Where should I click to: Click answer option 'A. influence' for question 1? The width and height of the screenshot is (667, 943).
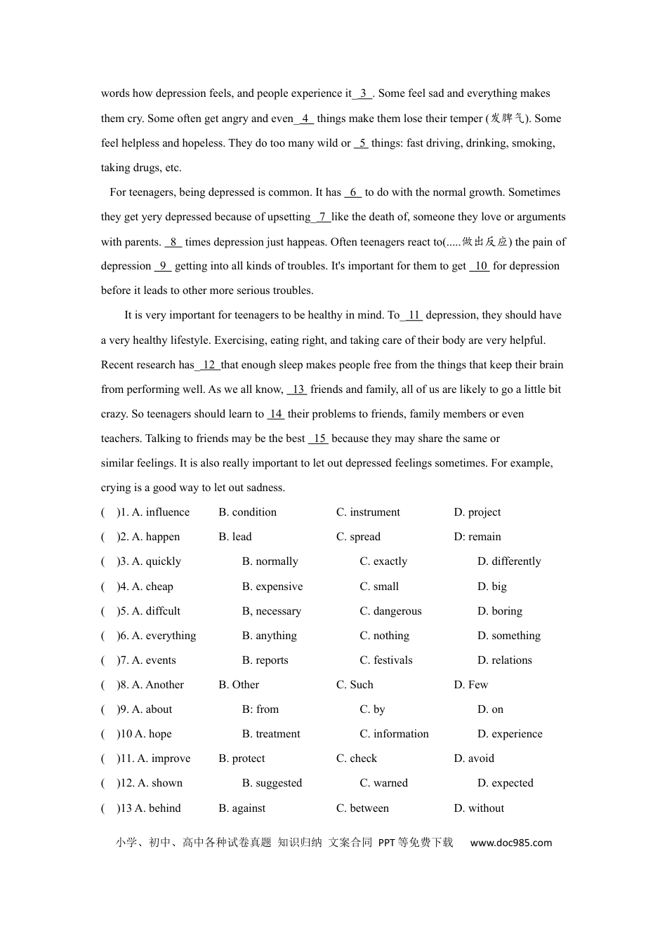[x=161, y=512]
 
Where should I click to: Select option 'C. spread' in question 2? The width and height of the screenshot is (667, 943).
[x=358, y=537]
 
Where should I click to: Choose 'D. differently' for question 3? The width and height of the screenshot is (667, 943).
[x=509, y=561]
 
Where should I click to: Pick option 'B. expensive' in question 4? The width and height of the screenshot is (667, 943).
[x=272, y=587]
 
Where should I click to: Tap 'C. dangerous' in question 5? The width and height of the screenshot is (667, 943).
[x=390, y=611]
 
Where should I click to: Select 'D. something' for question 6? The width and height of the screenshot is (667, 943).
[x=509, y=636]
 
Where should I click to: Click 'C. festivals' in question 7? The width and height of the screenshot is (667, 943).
[x=386, y=660]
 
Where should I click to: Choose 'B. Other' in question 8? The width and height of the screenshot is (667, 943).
[x=239, y=685]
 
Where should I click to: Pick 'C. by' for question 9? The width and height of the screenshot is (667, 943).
[x=372, y=709]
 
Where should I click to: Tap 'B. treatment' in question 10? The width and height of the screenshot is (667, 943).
[x=271, y=734]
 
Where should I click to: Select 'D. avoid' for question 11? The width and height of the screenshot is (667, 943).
[x=474, y=758]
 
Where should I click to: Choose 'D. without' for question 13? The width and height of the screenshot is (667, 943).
[x=479, y=808]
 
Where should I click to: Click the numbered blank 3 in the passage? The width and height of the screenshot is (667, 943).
[x=363, y=93]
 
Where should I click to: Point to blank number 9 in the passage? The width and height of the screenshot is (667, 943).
[x=163, y=266]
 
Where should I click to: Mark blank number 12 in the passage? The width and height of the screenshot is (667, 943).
[x=209, y=365]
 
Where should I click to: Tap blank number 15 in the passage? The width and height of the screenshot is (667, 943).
[x=319, y=439]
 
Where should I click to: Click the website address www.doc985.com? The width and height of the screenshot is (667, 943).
[x=511, y=843]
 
